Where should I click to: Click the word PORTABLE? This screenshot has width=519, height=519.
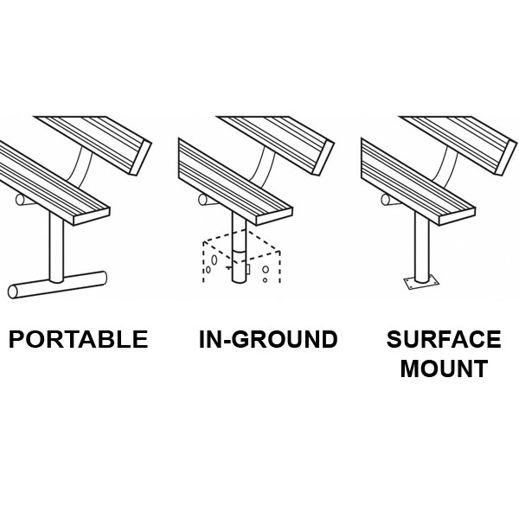78,339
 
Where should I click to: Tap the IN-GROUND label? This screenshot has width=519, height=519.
268,339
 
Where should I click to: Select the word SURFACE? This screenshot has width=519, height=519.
444,339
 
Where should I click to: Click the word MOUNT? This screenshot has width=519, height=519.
444,369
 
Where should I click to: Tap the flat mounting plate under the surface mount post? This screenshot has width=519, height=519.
422,283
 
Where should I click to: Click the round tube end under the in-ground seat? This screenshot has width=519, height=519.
202,200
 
